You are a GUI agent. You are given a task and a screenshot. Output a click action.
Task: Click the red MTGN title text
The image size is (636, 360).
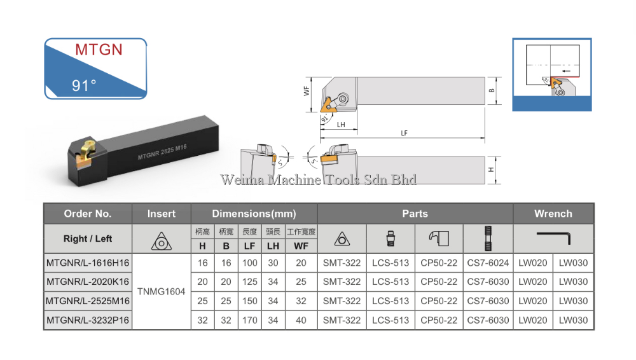99,50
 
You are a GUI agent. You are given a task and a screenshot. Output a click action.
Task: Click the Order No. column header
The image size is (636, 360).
88,214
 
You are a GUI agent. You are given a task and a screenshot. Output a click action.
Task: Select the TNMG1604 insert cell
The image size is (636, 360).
162,291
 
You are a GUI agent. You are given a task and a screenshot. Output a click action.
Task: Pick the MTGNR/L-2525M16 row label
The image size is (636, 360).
88,301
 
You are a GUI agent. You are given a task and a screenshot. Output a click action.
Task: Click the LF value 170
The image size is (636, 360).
249,320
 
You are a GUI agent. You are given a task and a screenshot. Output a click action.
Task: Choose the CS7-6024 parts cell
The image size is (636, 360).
488,262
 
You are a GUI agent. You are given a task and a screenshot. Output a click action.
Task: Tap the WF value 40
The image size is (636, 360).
301,320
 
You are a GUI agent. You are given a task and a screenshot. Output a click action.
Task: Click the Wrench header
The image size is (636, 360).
553,214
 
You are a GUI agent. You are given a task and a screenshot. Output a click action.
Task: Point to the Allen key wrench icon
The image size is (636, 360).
553,238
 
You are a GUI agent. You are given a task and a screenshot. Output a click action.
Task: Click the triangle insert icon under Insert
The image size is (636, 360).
162,240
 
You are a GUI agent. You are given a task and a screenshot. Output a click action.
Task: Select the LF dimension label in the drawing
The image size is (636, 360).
404,133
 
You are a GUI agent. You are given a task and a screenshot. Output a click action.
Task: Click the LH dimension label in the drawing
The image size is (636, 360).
341,125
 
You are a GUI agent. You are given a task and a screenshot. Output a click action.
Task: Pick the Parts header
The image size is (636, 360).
415,214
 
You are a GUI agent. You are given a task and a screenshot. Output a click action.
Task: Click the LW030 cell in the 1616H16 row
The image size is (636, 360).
573,262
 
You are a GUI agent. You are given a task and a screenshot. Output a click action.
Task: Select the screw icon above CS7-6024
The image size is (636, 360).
488,239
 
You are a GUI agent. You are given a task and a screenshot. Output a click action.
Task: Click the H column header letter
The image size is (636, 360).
202,246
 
